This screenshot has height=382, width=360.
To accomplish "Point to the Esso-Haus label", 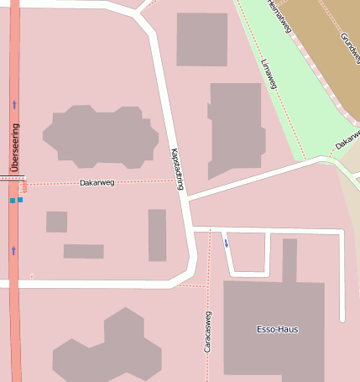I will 277,329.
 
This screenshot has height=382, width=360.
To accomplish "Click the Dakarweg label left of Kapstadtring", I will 97,182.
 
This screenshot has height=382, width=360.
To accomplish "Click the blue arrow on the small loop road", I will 226,243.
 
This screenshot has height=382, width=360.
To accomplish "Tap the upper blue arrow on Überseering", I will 14,104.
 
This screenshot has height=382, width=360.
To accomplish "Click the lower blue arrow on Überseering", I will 14,250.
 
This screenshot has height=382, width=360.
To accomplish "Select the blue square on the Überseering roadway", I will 12,201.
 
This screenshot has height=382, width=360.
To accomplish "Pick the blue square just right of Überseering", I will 20,201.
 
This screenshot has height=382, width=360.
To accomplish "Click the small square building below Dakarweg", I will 56,222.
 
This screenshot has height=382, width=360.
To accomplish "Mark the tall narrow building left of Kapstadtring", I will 157,235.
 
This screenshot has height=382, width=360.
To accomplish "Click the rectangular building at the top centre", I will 201,39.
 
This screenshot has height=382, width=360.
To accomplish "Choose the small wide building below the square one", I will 83,251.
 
